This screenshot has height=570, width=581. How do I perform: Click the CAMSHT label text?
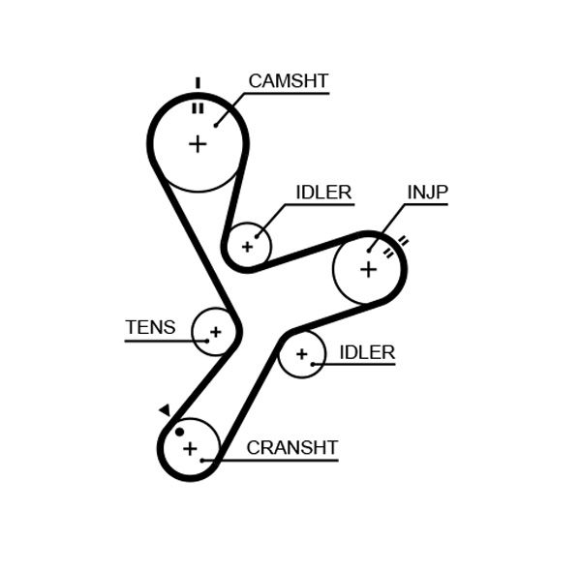(x=289, y=80)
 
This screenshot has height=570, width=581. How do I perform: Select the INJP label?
(x=427, y=193)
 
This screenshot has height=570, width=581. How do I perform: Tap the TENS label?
(x=150, y=327)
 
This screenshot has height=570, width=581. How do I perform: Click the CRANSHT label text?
(x=291, y=447)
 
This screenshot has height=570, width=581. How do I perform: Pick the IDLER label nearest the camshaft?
(x=323, y=193)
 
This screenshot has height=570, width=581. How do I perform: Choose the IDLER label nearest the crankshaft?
(x=367, y=352)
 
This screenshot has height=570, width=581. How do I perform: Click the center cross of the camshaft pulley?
(x=198, y=144)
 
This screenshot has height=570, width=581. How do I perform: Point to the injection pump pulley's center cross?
(x=368, y=268)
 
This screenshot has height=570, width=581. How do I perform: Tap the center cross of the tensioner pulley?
(x=215, y=332)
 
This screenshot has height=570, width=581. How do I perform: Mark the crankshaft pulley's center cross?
(x=190, y=448)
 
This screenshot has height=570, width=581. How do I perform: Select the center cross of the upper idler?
(x=248, y=246)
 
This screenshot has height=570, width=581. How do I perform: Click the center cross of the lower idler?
(x=301, y=355)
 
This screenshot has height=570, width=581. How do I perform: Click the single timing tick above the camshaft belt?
(x=198, y=82)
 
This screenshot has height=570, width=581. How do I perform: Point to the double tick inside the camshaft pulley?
(x=198, y=107)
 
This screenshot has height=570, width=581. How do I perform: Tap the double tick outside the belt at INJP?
(x=403, y=240)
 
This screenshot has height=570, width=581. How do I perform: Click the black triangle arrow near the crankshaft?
(x=165, y=410)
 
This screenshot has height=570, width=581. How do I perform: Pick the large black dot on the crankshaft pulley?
(x=179, y=432)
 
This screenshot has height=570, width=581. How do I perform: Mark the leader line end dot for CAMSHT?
(x=216, y=124)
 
